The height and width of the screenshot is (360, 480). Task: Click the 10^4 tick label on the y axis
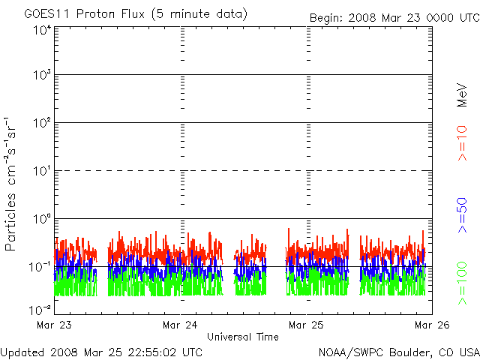tap(42, 29)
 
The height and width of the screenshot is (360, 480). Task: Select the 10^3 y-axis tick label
tap(42, 76)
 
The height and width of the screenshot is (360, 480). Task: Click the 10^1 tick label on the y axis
tap(42, 172)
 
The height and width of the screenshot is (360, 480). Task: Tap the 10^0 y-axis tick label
tap(42, 220)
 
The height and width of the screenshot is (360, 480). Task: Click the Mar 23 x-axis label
tap(54, 325)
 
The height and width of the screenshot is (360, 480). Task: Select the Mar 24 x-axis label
tap(180, 325)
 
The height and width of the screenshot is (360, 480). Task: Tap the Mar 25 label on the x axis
tap(306, 325)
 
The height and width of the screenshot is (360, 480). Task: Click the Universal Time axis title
tap(242, 337)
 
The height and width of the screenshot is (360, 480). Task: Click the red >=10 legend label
tap(463, 143)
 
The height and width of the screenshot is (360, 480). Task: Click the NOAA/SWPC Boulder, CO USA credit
tap(398, 352)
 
